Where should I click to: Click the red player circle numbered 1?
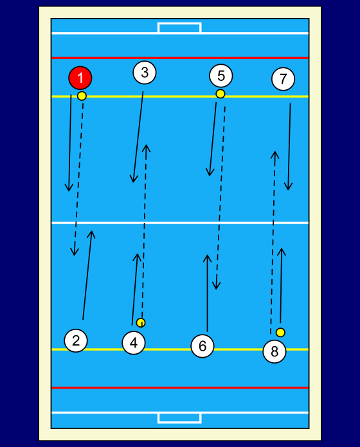pos(80,78)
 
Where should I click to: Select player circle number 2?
pos(76,340)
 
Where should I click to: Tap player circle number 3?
pos(145,73)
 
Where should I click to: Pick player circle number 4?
pos(134,343)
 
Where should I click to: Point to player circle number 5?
pos(221,76)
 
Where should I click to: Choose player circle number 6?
pos(203,346)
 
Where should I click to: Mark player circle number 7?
pos(283,79)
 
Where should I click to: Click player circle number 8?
pos(274,351)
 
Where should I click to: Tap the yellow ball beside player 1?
pos(82,96)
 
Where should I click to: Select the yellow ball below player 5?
pos(221,94)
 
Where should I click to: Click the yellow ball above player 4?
pos(141,322)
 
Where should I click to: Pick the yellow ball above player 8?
pos(280,333)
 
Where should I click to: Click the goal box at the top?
pos(179,28)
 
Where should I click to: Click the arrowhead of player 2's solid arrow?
pos(91,231)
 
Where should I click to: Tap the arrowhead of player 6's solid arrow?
pos(208,255)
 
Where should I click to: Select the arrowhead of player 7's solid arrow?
pos(288,189)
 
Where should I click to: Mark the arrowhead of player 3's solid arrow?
pos(133,182)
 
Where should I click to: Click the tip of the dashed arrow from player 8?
pos(274,152)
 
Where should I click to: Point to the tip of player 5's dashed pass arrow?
pos(217,289)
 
